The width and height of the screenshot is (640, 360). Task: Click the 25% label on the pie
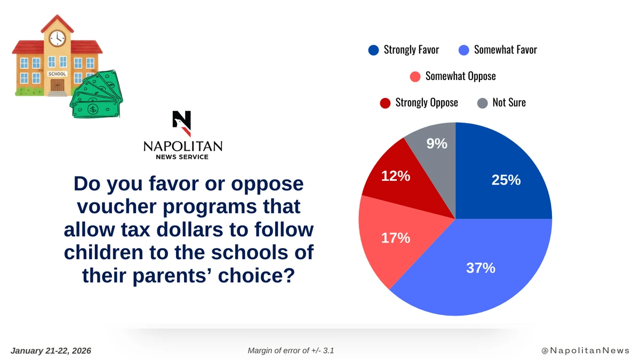506,180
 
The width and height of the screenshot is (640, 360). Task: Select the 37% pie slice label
481,268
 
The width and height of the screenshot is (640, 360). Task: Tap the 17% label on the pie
395,238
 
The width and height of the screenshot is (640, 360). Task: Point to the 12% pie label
395,175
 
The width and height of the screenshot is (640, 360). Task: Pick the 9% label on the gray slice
437,143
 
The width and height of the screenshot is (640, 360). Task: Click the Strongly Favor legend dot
373,50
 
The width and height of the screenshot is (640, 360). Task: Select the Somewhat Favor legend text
505,50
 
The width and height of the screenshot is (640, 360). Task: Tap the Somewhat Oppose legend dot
415,76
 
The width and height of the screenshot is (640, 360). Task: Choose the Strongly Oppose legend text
426,102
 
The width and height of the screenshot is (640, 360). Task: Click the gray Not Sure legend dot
482,102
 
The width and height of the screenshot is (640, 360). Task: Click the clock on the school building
57,37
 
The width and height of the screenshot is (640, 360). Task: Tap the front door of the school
57,84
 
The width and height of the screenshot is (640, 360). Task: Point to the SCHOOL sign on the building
57,74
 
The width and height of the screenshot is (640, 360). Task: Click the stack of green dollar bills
97,96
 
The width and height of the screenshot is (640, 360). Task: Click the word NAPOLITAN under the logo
182,146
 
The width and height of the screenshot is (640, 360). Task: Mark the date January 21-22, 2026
51,351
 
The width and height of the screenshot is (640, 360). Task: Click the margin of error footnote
291,351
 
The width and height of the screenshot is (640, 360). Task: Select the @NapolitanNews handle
585,351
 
